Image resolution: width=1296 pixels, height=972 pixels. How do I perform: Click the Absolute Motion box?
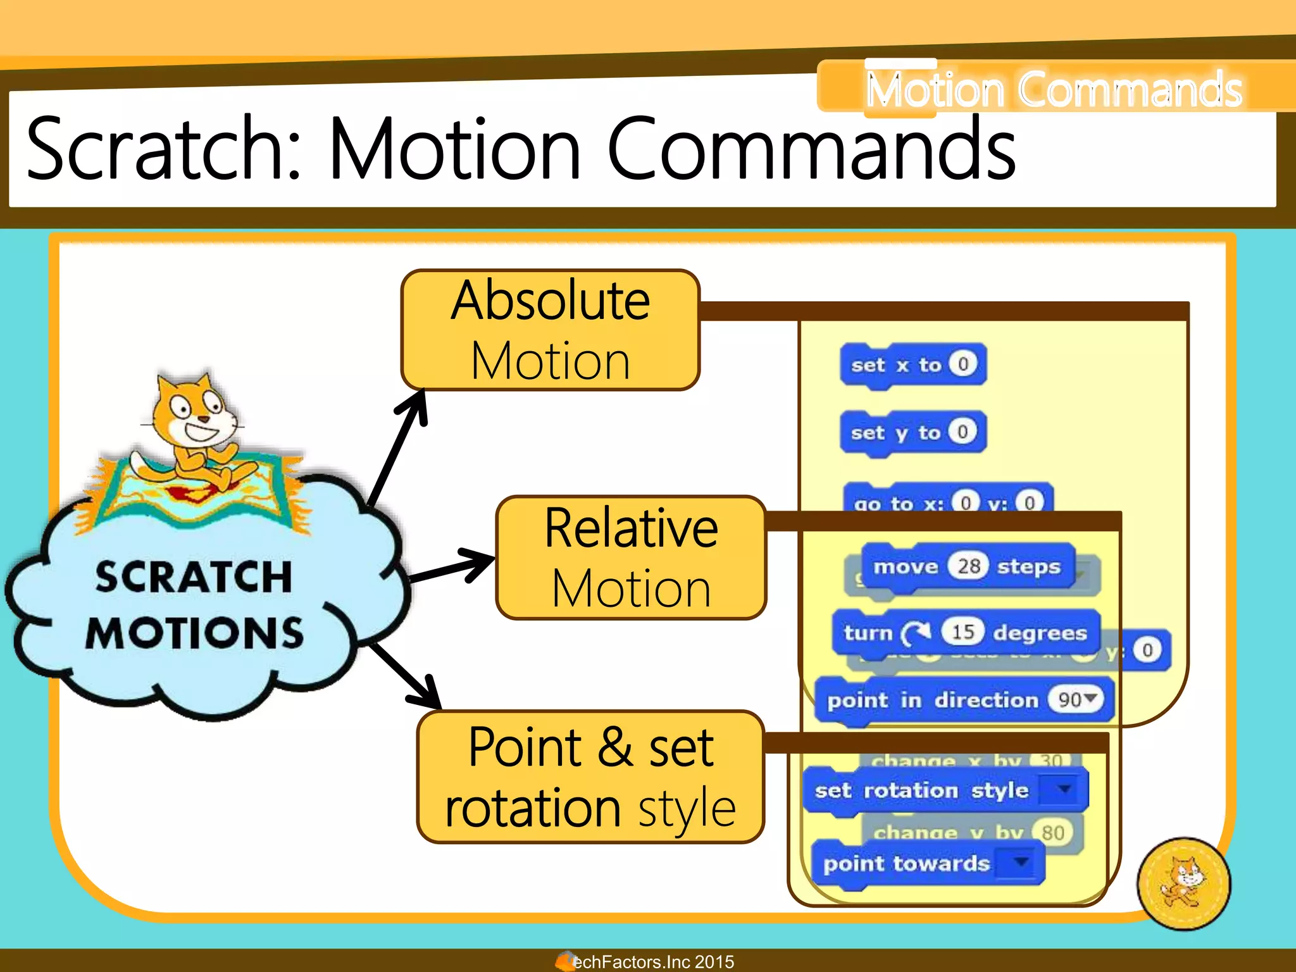tap(550, 330)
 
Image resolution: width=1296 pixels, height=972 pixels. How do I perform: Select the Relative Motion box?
tap(631, 558)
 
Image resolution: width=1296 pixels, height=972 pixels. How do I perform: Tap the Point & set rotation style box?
tap(590, 777)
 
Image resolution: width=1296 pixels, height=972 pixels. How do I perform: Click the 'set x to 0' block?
tap(912, 364)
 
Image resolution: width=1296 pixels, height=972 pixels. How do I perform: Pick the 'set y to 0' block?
tap(912, 432)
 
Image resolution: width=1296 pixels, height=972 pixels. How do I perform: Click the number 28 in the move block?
tap(968, 566)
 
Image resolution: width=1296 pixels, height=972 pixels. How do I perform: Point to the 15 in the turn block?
tap(963, 632)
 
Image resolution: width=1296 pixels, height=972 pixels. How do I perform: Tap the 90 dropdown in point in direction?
tap(1076, 699)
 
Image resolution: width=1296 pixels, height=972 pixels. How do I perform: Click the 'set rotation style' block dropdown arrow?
tap(1065, 788)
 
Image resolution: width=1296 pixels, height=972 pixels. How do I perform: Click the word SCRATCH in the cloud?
tap(194, 576)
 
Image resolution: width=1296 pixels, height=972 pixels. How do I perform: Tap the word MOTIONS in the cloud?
tap(195, 633)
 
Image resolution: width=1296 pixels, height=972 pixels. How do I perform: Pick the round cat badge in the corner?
tap(1183, 883)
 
